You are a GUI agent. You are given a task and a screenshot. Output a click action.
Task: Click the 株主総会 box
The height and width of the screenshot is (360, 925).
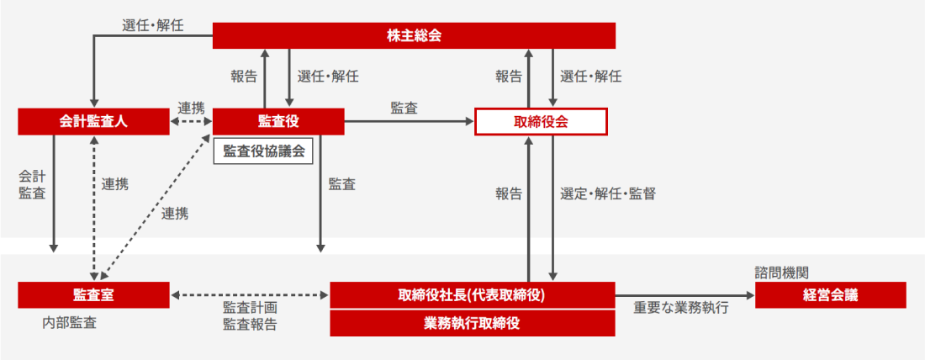click(414, 35)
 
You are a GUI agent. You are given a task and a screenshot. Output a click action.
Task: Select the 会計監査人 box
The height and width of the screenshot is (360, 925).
click(89, 122)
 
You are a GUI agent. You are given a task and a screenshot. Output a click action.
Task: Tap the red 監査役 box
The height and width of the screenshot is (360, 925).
click(278, 122)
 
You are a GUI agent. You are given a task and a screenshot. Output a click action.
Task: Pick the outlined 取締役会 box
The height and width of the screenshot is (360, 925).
click(541, 122)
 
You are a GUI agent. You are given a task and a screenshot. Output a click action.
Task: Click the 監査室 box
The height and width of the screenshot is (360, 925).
click(93, 295)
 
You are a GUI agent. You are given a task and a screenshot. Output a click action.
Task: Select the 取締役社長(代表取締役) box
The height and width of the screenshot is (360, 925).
click(472, 295)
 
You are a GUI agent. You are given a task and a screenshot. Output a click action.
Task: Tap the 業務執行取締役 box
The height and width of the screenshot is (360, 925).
click(472, 322)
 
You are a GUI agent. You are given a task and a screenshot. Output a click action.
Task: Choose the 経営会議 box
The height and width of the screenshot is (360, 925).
click(830, 295)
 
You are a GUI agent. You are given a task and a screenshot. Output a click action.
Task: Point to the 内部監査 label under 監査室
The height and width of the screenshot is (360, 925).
click(69, 322)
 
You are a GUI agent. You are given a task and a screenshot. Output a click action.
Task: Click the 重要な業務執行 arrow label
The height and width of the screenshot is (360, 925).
click(681, 309)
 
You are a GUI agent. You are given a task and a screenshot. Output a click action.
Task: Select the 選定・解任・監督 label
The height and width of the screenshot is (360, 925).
click(607, 193)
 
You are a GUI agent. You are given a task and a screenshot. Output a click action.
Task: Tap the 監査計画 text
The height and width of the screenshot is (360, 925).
click(250, 309)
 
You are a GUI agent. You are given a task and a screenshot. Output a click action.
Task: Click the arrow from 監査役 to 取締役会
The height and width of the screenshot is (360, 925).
click(410, 122)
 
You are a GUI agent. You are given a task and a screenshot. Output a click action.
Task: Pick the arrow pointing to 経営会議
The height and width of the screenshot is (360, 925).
click(685, 295)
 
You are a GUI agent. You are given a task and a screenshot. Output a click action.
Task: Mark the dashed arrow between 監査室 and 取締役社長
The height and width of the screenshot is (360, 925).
click(250, 295)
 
